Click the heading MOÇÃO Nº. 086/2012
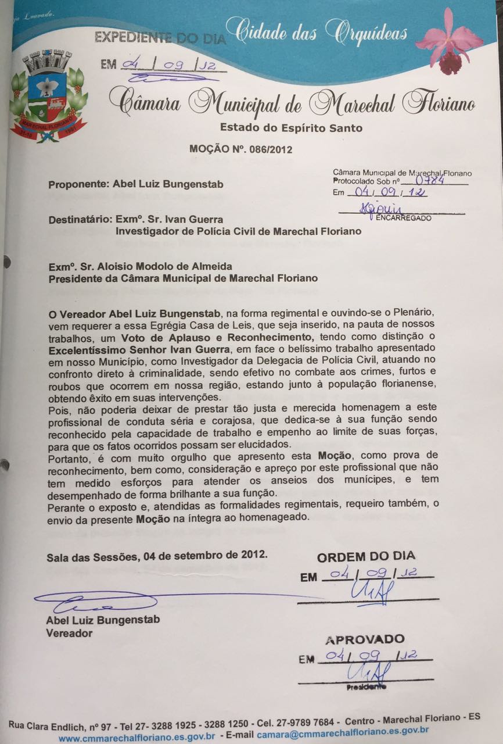[240, 149]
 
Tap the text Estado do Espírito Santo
[291, 128]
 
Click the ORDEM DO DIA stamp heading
[366, 557]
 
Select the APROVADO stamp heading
[365, 639]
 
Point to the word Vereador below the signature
[69, 633]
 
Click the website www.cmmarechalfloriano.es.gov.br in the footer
[137, 737]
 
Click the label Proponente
[74, 185]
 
